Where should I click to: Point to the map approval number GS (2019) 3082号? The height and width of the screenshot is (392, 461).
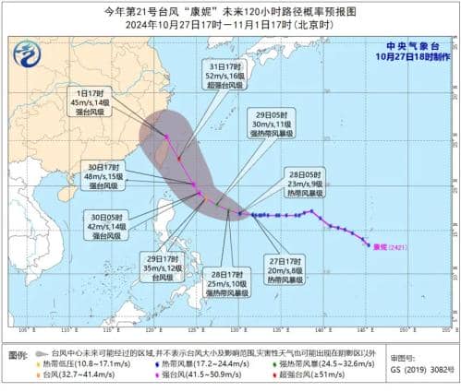tap(420, 376)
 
